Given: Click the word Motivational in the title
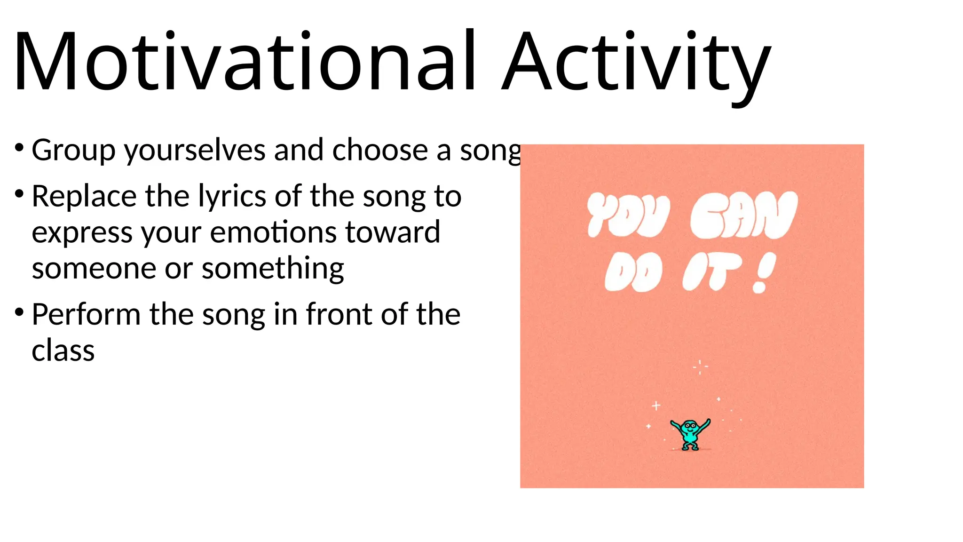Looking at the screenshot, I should [245, 61].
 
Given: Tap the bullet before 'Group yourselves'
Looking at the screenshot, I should [19, 148].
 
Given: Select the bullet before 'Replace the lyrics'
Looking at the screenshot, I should [19, 193].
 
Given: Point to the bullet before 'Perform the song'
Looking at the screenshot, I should [19, 311].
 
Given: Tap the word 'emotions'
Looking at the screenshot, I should [275, 232].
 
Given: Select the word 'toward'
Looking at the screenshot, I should [393, 232].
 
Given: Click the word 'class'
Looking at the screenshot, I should [63, 351].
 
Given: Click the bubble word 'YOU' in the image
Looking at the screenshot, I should [628, 215].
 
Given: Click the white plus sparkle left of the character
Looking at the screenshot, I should [656, 406].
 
